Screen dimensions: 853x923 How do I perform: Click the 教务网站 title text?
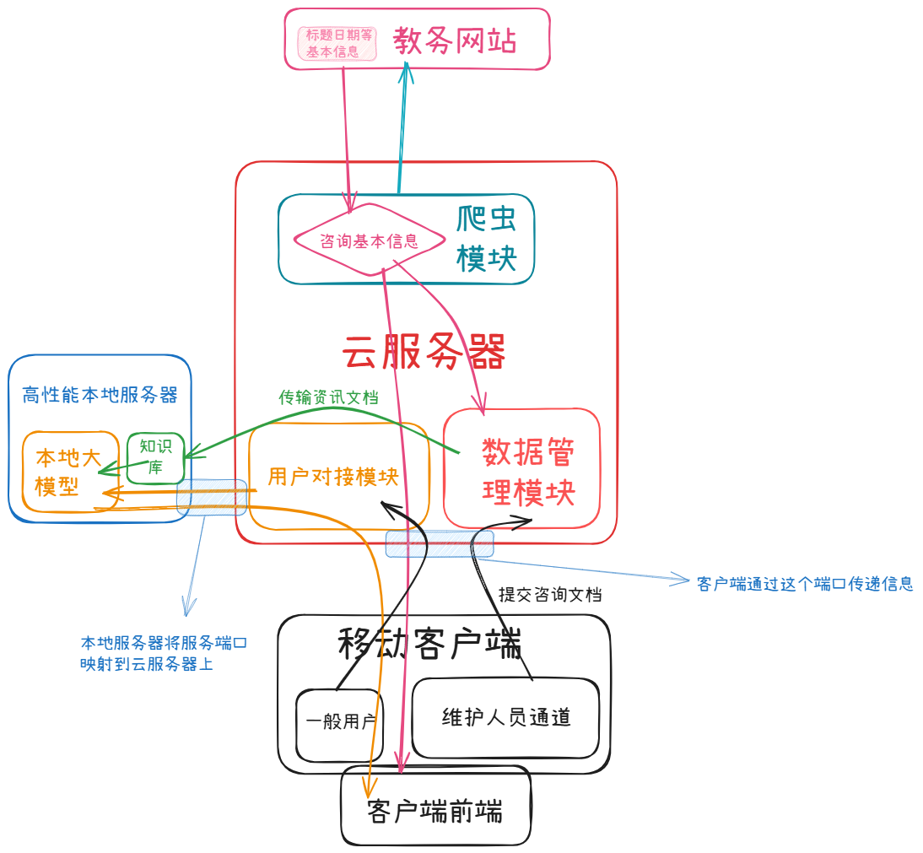pos(454,40)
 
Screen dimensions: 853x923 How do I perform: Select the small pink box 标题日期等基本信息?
pos(337,43)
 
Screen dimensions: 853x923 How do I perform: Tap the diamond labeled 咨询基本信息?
pos(369,240)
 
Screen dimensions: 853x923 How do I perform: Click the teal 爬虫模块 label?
pos(486,239)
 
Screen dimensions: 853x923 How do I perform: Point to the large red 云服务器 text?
pos(424,352)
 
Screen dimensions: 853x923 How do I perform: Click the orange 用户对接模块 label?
pos(332,477)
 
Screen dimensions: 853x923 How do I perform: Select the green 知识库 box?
pos(155,457)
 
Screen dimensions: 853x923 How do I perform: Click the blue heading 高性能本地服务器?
pos(100,395)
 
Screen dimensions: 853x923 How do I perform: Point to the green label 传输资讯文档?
pos(328,397)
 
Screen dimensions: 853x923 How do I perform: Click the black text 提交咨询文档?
pos(550,594)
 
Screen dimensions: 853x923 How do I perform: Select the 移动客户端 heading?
pos(429,645)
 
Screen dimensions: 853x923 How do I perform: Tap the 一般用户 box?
pos(339,722)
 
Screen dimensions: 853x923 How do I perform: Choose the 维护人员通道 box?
pos(505,717)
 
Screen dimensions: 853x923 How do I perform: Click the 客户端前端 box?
pos(435,811)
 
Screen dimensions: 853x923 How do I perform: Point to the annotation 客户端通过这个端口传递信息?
pos(805,584)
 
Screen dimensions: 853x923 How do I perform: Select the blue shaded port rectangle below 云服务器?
pos(440,543)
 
